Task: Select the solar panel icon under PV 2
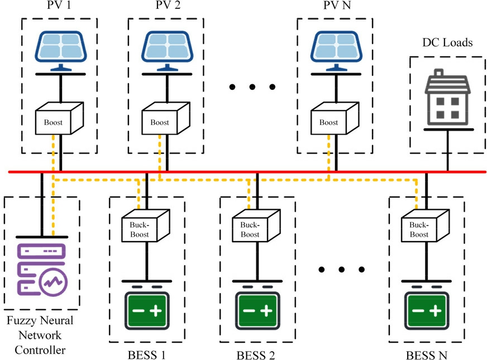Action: coord(166,51)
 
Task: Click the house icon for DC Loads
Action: coord(448,101)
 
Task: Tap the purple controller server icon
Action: coord(42,268)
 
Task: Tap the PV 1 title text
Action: coord(58,6)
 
